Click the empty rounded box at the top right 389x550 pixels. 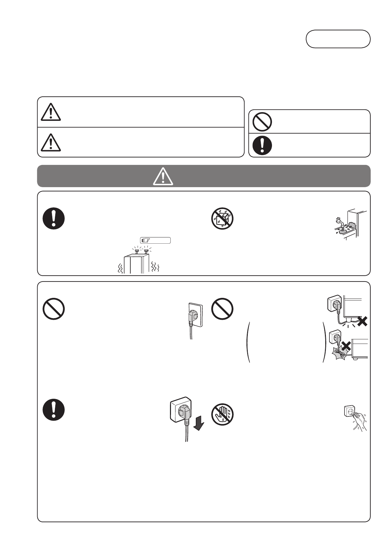coord(338,39)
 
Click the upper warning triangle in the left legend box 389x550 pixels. coord(51,112)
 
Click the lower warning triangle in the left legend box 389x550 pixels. coord(51,142)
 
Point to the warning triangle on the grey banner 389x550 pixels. coord(163,177)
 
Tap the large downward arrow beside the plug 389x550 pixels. coord(198,425)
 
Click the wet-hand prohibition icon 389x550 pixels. coord(222,415)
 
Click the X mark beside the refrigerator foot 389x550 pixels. coord(362,322)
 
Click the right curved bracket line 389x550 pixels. coord(325,342)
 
